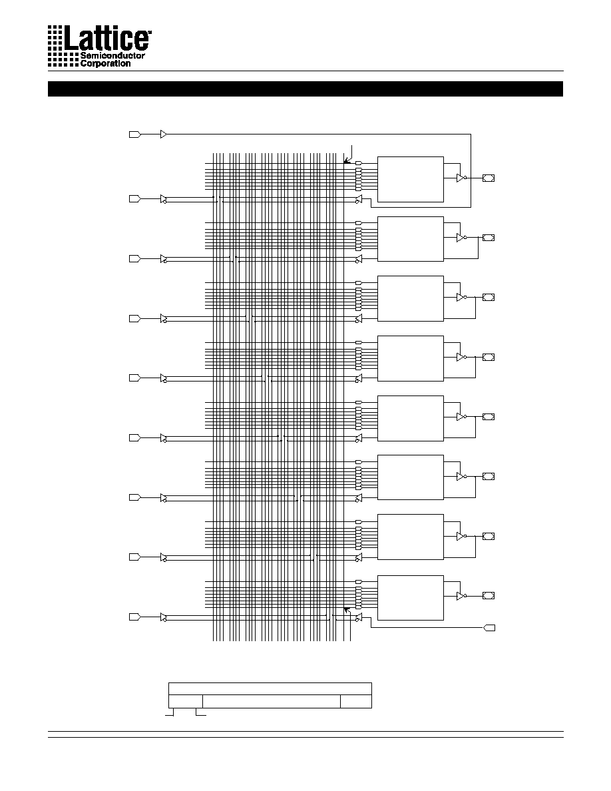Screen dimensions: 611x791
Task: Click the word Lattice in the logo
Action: coord(107,38)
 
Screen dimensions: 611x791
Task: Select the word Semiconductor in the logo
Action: coord(113,55)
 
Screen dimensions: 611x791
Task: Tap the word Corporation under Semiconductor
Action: coord(105,63)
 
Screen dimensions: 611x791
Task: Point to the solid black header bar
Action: coord(305,89)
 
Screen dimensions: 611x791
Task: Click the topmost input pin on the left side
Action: coord(134,134)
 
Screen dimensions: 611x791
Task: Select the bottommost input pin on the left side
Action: coord(134,617)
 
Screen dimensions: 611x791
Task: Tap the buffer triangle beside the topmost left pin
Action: coord(163,134)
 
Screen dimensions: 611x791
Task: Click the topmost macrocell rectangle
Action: coord(411,179)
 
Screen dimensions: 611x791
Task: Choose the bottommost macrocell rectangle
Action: coord(411,598)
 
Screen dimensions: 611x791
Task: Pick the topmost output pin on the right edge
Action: coord(489,178)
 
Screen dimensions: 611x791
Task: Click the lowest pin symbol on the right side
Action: coord(489,628)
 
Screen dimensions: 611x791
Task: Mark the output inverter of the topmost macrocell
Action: coord(461,178)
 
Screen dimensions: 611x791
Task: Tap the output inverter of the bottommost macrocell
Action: coord(461,596)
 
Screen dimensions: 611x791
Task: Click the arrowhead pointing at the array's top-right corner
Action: coord(346,160)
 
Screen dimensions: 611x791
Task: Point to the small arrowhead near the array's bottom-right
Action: coord(346,611)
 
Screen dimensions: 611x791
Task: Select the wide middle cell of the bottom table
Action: coord(271,701)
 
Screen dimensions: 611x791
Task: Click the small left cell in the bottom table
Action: coord(186,701)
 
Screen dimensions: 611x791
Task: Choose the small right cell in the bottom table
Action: coord(356,701)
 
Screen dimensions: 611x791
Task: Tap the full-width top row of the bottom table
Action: coord(270,688)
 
